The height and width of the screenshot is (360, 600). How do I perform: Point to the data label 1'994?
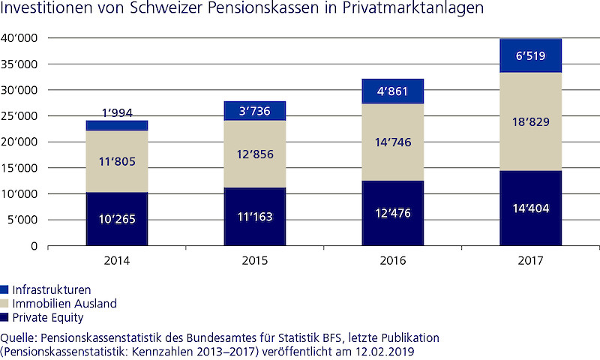116,112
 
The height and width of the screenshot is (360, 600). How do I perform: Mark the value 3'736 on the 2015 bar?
255,110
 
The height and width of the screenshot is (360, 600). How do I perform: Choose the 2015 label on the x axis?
255,261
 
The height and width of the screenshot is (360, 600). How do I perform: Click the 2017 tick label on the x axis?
531,261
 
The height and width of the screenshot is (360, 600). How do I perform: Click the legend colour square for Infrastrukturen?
4,289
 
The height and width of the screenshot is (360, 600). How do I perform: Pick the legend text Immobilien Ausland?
64,304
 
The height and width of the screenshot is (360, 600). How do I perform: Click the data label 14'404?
531,208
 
